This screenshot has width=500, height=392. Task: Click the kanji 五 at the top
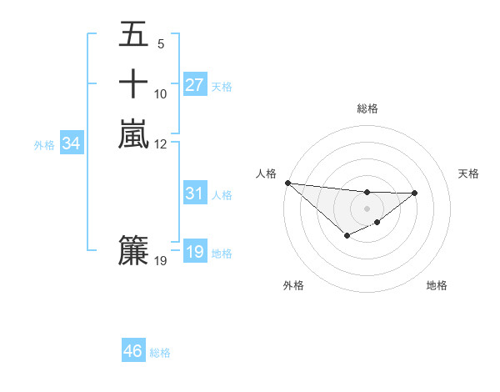[134, 35]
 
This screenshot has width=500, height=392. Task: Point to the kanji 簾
[134, 250]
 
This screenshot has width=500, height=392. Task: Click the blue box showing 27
[194, 84]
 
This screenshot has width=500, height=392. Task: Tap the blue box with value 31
[194, 193]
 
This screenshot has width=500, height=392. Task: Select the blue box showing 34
[72, 143]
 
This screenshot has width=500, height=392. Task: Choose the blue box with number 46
[133, 351]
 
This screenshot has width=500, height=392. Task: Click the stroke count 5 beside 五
[161, 44]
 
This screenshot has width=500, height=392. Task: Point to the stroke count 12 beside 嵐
[161, 143]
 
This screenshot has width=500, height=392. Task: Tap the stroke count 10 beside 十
[161, 94]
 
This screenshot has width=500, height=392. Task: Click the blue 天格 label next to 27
[222, 86]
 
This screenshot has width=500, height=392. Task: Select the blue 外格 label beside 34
[44, 145]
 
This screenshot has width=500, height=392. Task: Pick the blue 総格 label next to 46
[160, 353]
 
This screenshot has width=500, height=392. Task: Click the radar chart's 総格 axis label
[367, 108]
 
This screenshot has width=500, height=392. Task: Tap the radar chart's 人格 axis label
[266, 173]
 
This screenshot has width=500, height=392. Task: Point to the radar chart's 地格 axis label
[437, 285]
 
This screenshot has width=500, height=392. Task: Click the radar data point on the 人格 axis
[287, 183]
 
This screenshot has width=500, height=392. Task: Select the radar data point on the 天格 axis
[415, 193]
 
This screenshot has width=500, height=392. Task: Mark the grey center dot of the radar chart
[367, 208]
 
